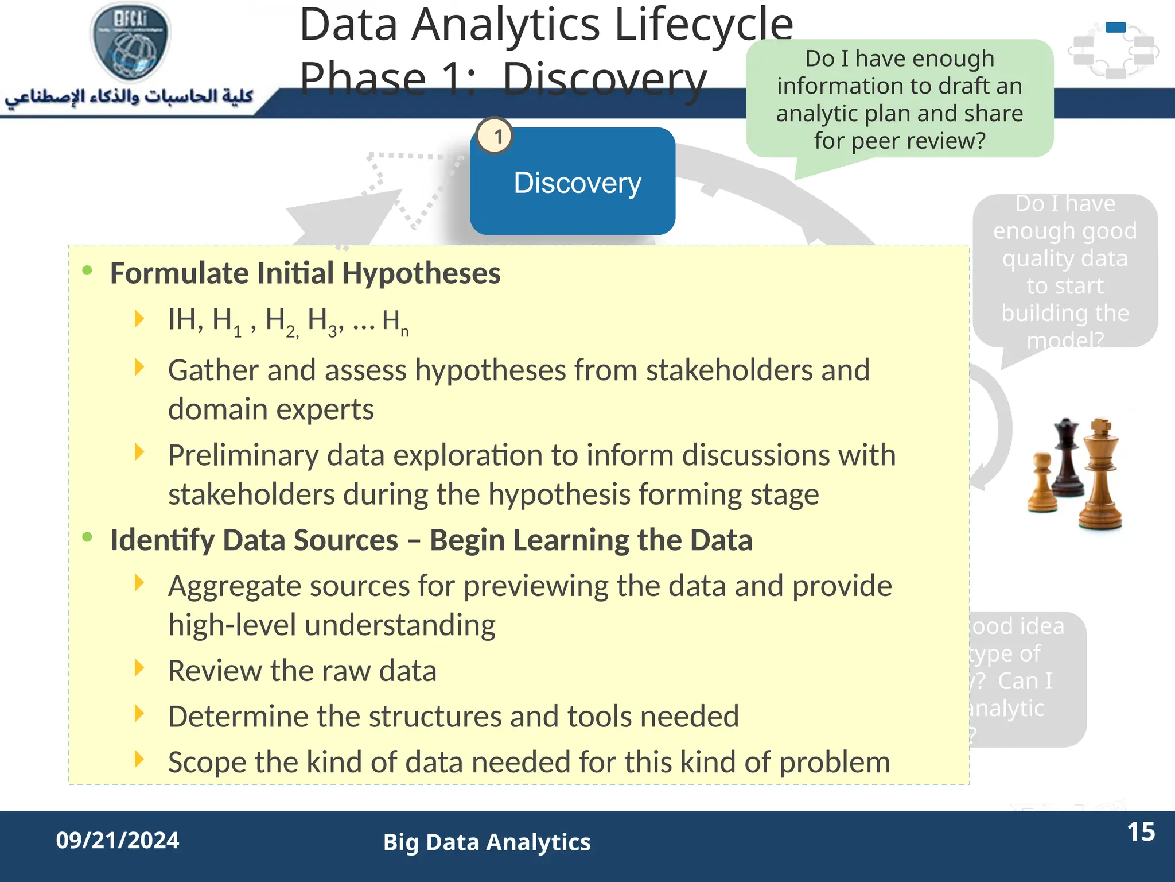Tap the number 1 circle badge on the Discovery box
point(496,137)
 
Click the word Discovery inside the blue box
point(577,183)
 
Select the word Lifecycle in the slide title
point(703,25)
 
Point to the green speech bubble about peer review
point(899,99)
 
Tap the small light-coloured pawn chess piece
point(1042,482)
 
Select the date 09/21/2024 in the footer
point(118,840)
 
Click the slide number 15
point(1141,832)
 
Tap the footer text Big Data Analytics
point(487,842)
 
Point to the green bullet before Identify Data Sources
point(87,537)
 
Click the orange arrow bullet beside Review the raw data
point(139,668)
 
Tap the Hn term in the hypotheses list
point(395,322)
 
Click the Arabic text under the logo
point(129,96)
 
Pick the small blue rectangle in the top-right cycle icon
point(1115,27)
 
